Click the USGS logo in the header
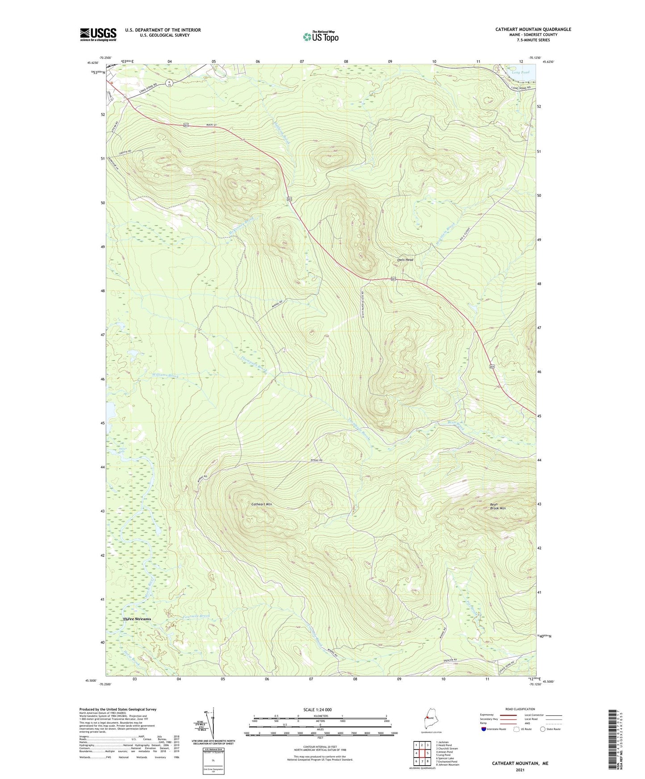point(98,34)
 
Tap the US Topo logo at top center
point(320,37)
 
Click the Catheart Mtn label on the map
point(262,504)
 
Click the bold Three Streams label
point(137,619)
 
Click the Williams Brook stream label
point(165,376)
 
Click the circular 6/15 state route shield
point(170,82)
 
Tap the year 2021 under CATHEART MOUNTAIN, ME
point(520,770)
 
